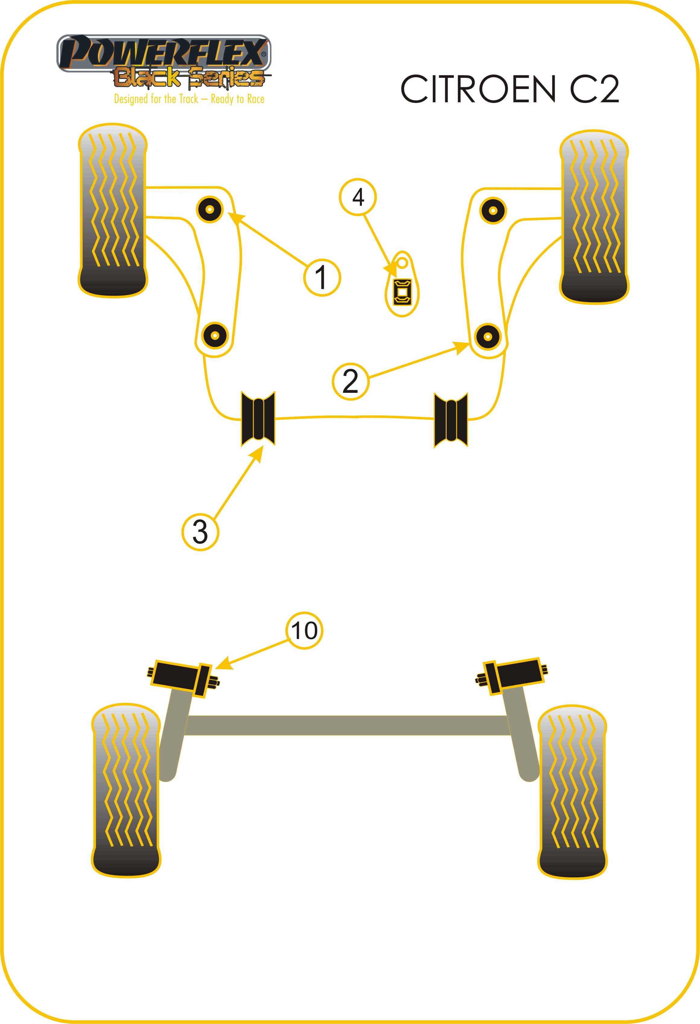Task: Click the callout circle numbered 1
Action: (322, 277)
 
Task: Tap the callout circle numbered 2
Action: (350, 381)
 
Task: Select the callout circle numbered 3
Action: (200, 532)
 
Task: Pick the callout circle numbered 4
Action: (358, 197)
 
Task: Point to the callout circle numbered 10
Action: (304, 631)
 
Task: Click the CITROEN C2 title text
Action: (510, 89)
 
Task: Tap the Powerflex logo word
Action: (164, 53)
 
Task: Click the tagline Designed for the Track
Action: (189, 99)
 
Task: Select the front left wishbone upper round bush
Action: (210, 209)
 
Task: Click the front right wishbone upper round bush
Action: (493, 211)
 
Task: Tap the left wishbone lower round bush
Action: (215, 336)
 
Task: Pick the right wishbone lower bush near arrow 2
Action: (488, 337)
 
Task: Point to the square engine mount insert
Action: (403, 292)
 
